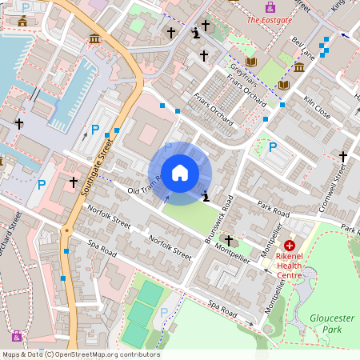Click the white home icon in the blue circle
pos(180,173)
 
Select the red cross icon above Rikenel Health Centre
pos(289,246)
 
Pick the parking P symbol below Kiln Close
pos(273,147)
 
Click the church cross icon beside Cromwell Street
pos(343,156)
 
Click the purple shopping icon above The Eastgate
pos(270,6)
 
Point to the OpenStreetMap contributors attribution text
pos(80,354)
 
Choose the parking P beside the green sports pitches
pos(164,312)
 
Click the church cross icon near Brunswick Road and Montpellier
pos(229,240)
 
